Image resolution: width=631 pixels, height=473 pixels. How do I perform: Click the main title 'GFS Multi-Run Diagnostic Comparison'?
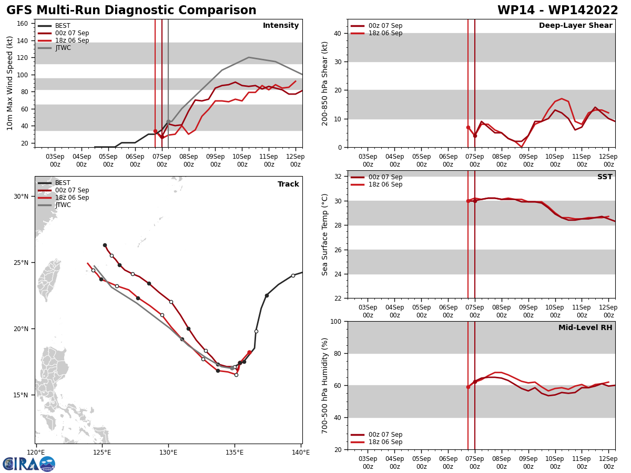click(x=131, y=11)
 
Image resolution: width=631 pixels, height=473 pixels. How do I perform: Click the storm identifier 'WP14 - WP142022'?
click(x=557, y=11)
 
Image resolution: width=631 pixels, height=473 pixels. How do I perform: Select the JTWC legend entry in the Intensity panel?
click(x=63, y=48)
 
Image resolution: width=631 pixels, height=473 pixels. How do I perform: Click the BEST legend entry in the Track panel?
click(x=63, y=183)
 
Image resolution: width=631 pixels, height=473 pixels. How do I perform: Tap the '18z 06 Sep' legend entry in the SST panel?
click(x=385, y=184)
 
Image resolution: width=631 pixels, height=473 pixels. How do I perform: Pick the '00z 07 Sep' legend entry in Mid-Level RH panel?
click(x=385, y=435)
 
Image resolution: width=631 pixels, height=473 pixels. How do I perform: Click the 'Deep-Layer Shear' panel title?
click(x=575, y=26)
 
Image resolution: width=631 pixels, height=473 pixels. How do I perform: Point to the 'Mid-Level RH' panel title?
click(x=585, y=328)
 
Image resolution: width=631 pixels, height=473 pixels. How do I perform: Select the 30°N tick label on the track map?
click(x=21, y=197)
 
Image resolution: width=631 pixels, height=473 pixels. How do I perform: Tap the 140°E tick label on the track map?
click(x=301, y=452)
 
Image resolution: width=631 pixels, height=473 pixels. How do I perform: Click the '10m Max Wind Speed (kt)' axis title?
click(x=11, y=83)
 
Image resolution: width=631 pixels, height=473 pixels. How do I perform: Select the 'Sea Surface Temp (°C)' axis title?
click(x=325, y=234)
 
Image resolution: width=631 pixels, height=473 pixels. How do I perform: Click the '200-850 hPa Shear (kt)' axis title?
click(x=325, y=83)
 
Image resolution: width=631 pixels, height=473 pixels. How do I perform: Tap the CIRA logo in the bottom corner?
click(x=29, y=464)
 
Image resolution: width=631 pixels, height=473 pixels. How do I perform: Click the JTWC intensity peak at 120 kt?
click(x=249, y=57)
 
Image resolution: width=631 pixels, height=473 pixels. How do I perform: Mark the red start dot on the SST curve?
click(x=468, y=201)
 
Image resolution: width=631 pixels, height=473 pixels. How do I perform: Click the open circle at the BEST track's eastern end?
click(x=293, y=275)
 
